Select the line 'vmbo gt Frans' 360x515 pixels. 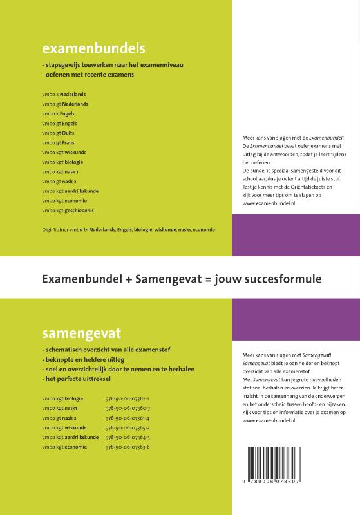click(59, 142)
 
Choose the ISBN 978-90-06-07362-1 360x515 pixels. click(127, 398)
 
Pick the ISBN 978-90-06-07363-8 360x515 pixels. click(128, 447)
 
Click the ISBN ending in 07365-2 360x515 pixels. click(127, 427)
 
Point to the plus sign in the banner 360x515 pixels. click(123, 279)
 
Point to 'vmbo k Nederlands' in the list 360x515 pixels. click(64, 94)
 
